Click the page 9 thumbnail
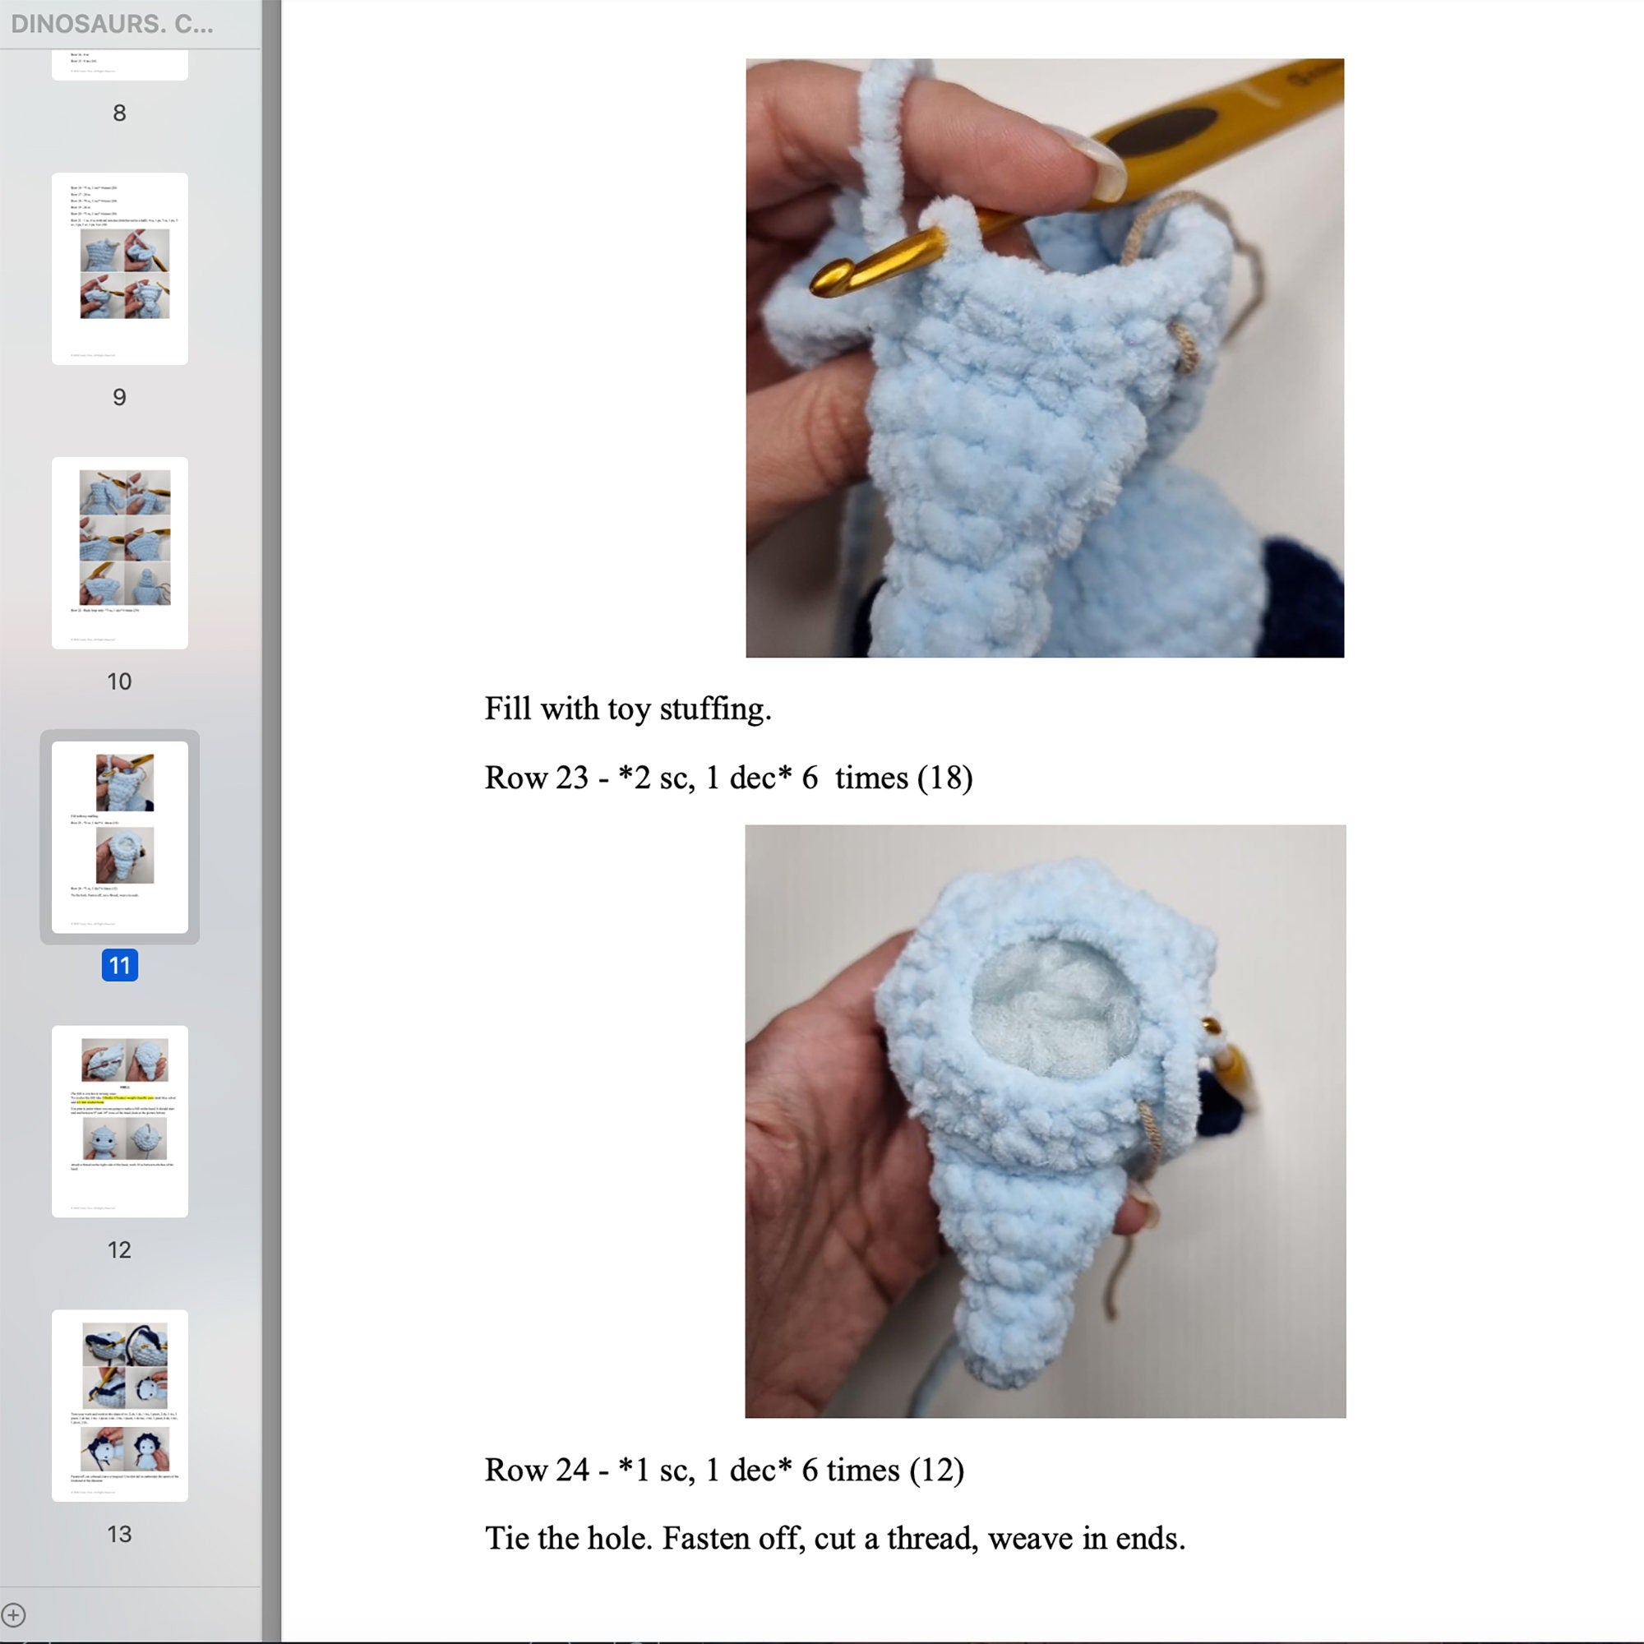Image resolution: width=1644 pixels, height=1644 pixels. tap(119, 268)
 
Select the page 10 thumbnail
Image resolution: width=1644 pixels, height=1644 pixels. tap(119, 552)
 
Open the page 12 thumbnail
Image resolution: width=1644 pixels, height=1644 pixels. tap(119, 1120)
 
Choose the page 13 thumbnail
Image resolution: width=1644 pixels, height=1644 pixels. tap(119, 1405)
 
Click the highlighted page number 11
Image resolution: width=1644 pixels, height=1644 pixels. tap(119, 965)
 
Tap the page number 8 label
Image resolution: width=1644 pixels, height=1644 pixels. tap(119, 113)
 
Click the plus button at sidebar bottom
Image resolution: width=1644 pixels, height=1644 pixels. tap(14, 1614)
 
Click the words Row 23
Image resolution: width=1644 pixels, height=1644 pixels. tap(535, 778)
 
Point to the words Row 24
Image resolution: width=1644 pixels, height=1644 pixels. tap(535, 1470)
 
